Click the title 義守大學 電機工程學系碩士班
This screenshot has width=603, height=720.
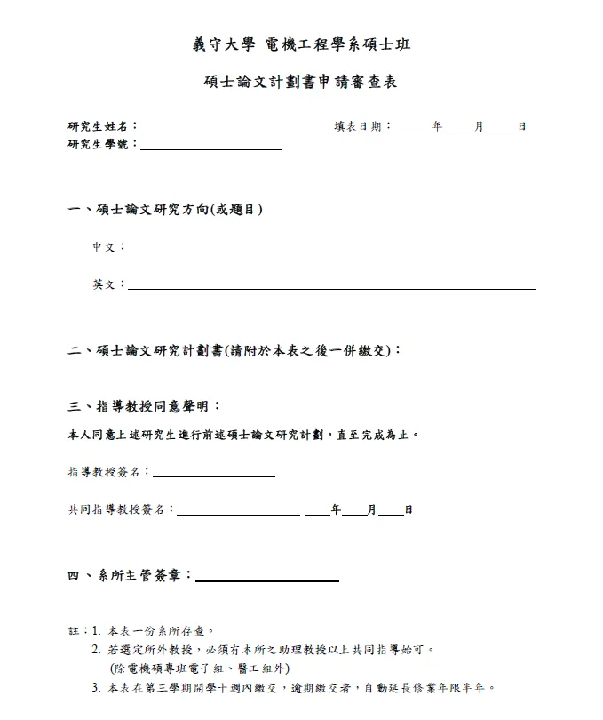301,45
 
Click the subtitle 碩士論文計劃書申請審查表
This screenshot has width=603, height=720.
301,83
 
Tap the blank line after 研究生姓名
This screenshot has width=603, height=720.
210,130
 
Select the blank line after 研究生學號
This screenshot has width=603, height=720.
210,148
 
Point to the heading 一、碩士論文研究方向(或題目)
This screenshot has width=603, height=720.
165,210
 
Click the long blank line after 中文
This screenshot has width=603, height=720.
331,251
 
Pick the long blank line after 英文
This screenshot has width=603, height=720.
331,288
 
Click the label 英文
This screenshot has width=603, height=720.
104,284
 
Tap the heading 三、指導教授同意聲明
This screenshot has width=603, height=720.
144,406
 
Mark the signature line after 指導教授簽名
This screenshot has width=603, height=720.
214,476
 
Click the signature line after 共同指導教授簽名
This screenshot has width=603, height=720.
238,514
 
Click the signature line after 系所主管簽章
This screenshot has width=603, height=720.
266,580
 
